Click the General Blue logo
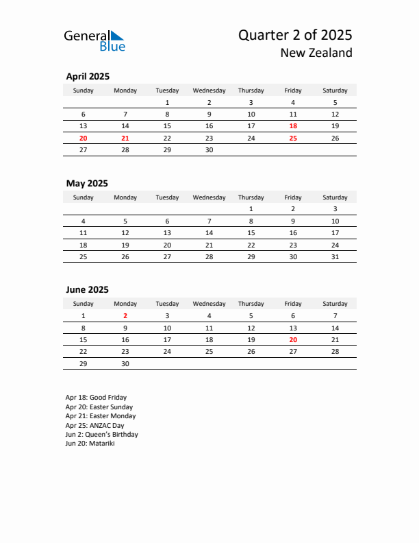coord(94,40)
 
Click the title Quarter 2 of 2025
coord(295,35)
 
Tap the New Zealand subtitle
coord(316,53)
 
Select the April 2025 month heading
coord(88,77)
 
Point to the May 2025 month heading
coord(87,183)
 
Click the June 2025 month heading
coord(87,289)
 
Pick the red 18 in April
coord(293,126)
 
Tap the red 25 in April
coord(293,138)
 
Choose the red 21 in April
coord(125,138)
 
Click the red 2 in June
coord(125,316)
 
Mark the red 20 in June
coord(293,339)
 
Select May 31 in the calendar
coord(335,256)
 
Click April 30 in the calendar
coord(209,149)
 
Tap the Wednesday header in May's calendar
coord(209,197)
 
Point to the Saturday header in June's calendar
coord(335,304)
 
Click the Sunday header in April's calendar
coord(84,90)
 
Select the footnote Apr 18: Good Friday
coord(96,398)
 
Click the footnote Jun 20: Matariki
coord(90,444)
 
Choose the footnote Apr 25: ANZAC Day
coord(94,425)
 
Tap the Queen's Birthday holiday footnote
coord(101,435)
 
